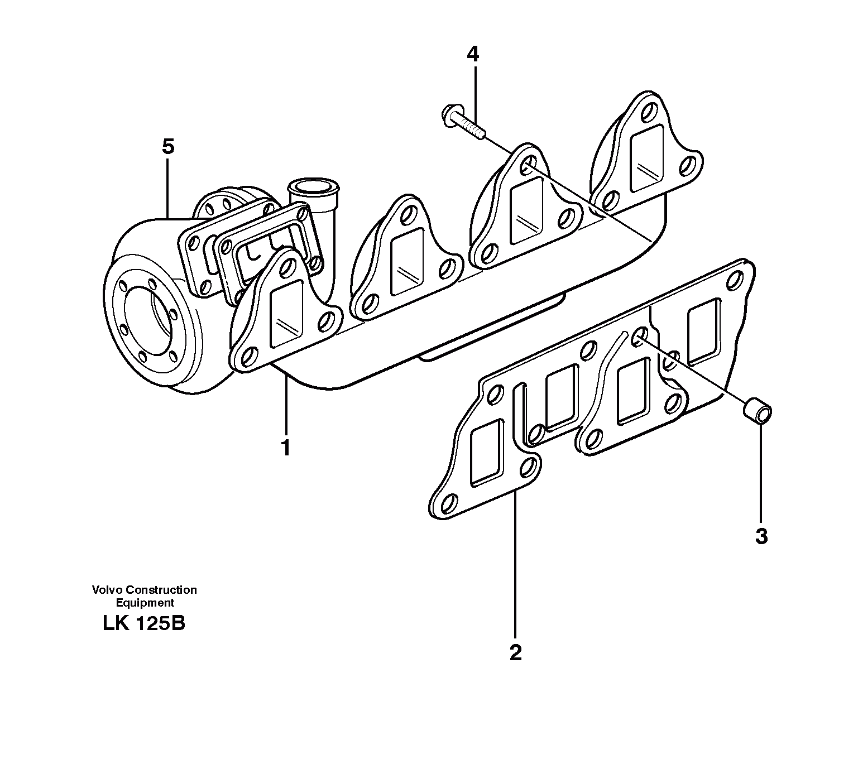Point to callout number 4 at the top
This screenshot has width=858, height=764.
473,54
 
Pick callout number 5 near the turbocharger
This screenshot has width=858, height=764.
167,147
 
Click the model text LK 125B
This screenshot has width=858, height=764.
144,623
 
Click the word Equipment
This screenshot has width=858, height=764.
145,603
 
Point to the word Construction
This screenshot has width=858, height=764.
161,590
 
